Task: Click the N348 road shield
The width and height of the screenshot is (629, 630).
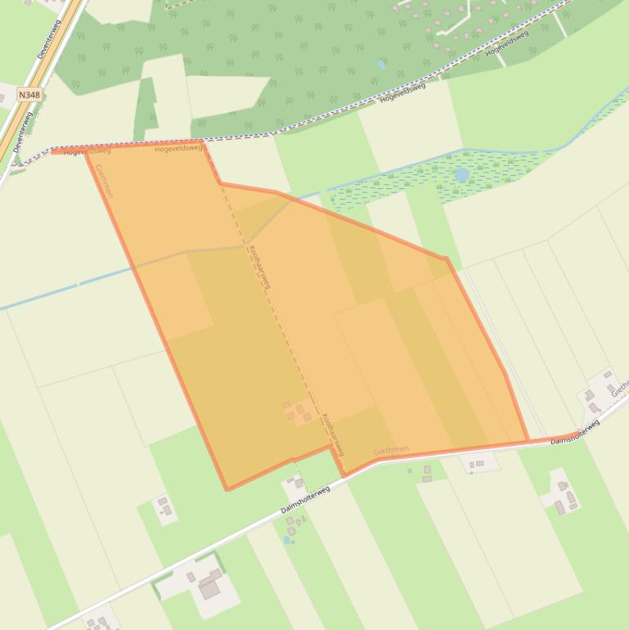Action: [29, 95]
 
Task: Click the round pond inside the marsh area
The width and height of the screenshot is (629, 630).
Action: [462, 175]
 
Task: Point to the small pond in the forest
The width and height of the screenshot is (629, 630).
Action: [382, 64]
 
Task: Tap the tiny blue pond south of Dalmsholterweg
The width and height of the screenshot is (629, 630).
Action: [287, 540]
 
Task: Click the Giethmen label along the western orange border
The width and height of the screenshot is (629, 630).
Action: [104, 181]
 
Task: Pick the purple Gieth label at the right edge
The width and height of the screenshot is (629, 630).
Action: [619, 385]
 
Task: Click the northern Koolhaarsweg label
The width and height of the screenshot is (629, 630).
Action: [259, 267]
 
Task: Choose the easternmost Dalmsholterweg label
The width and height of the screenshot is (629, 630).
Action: [575, 431]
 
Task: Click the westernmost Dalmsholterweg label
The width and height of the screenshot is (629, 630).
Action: [305, 499]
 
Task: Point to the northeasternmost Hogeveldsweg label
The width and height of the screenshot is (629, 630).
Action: [506, 43]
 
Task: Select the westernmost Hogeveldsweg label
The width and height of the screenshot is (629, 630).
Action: [87, 151]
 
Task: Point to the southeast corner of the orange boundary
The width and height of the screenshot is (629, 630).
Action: [527, 441]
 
